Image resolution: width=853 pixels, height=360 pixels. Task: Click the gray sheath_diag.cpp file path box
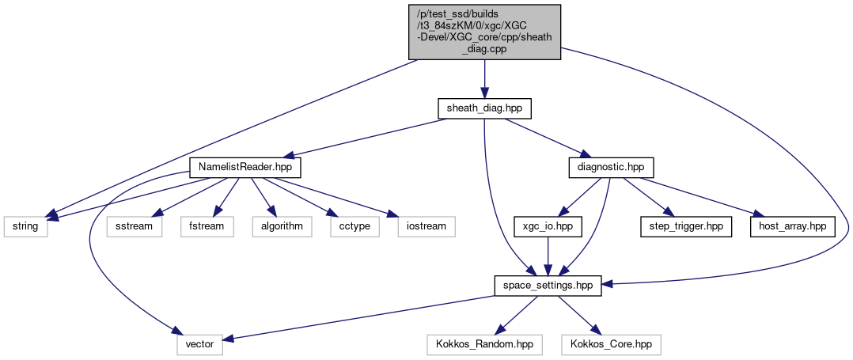click(484, 32)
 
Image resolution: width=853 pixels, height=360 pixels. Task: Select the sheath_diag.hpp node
click(484, 108)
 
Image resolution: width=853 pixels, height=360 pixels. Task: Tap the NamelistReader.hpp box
click(245, 168)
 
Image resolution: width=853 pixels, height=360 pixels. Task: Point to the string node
click(24, 226)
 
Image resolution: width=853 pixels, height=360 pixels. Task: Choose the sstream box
click(135, 226)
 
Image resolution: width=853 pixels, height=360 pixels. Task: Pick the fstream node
click(206, 226)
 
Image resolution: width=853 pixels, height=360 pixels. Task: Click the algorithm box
click(277, 226)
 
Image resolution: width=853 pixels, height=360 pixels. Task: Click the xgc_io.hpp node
click(548, 226)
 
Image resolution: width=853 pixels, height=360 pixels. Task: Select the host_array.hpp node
click(793, 226)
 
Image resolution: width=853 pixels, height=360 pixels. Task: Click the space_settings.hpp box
click(548, 285)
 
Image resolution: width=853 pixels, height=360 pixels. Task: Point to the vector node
click(199, 344)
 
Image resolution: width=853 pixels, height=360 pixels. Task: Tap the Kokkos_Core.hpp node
click(610, 344)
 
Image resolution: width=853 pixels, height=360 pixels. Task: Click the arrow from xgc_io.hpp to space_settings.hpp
click(548, 256)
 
